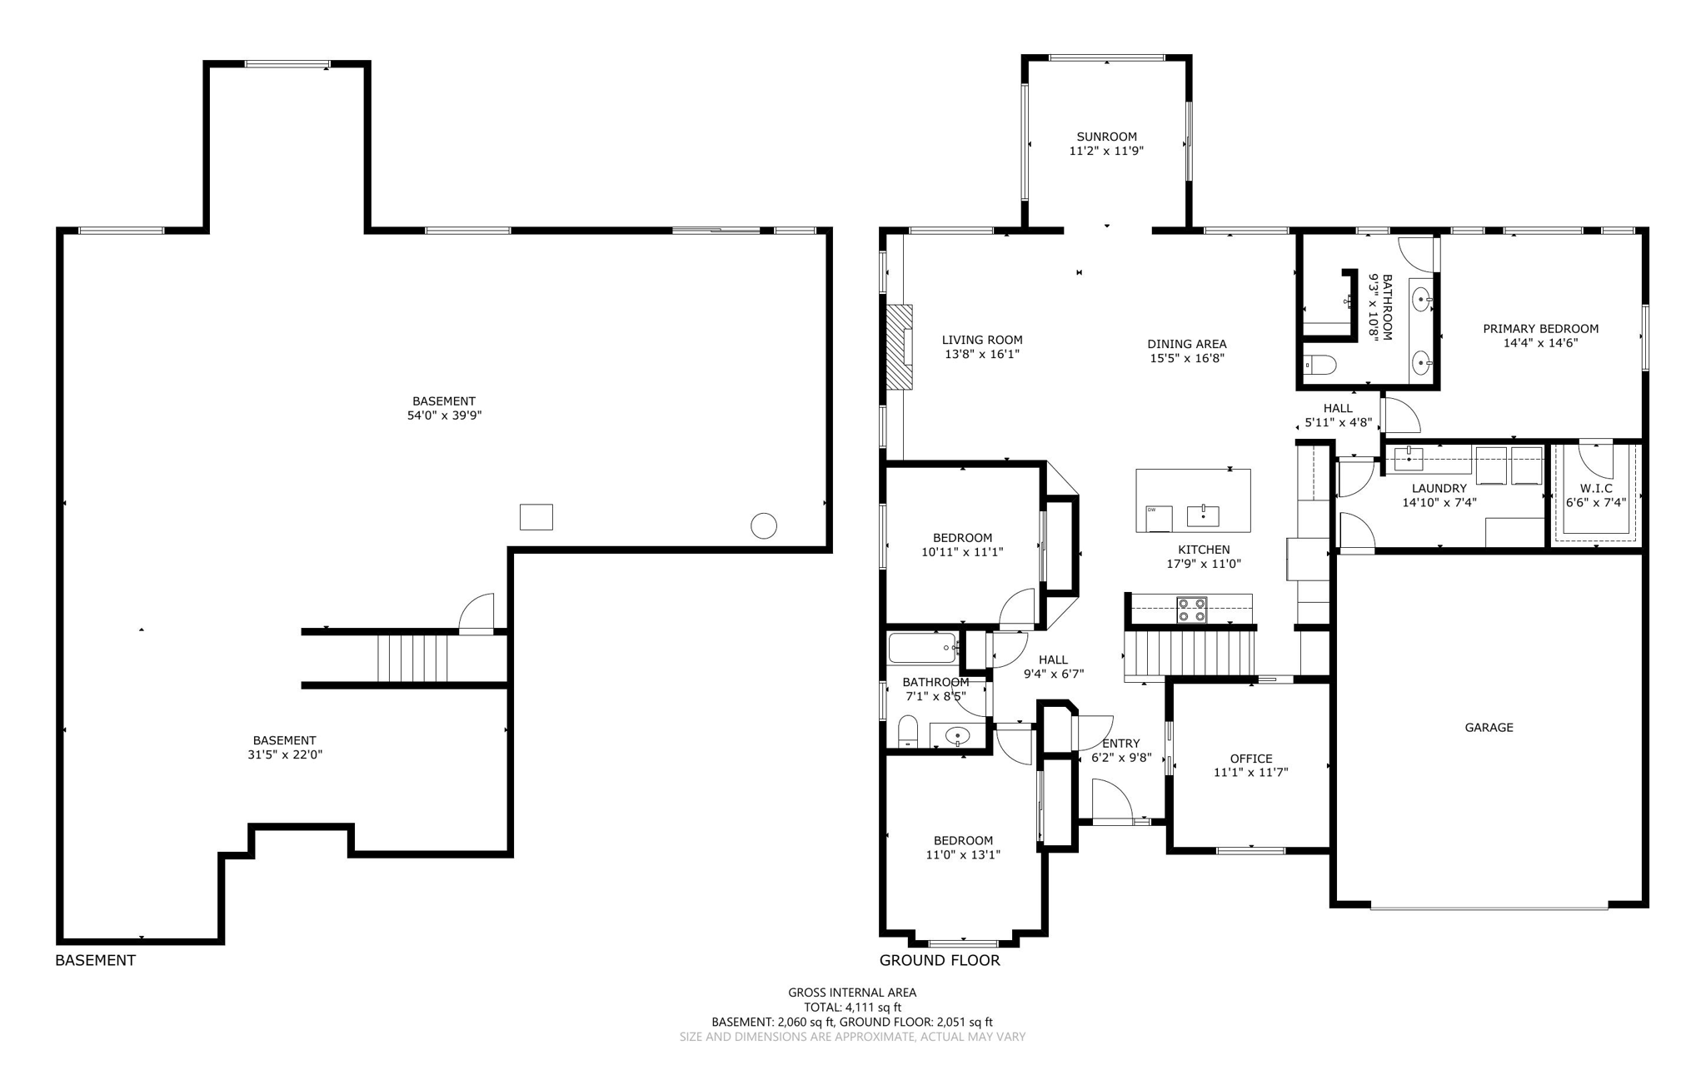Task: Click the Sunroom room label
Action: pyautogui.click(x=1106, y=137)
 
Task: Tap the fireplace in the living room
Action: pyautogui.click(x=899, y=346)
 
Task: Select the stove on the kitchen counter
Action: pyautogui.click(x=1191, y=610)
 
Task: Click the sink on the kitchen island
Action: pyautogui.click(x=1203, y=516)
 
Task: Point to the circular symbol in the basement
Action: pyautogui.click(x=764, y=525)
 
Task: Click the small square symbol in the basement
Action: pyautogui.click(x=536, y=517)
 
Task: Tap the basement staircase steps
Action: pyautogui.click(x=412, y=658)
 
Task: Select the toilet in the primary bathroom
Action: pyautogui.click(x=1319, y=365)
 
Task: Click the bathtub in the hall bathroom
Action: pyautogui.click(x=922, y=648)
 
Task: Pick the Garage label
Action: pyautogui.click(x=1489, y=727)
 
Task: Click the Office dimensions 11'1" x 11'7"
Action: pyautogui.click(x=1250, y=773)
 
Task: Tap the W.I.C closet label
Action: pyautogui.click(x=1596, y=488)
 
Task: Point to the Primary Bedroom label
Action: pyautogui.click(x=1540, y=328)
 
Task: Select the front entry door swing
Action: pyautogui.click(x=1112, y=799)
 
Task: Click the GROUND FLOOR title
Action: pyautogui.click(x=940, y=960)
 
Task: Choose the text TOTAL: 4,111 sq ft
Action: pyautogui.click(x=852, y=1007)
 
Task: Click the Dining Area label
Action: pyautogui.click(x=1186, y=344)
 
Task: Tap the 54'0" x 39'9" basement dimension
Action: pyautogui.click(x=444, y=416)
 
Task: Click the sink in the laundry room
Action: pyautogui.click(x=1408, y=458)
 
